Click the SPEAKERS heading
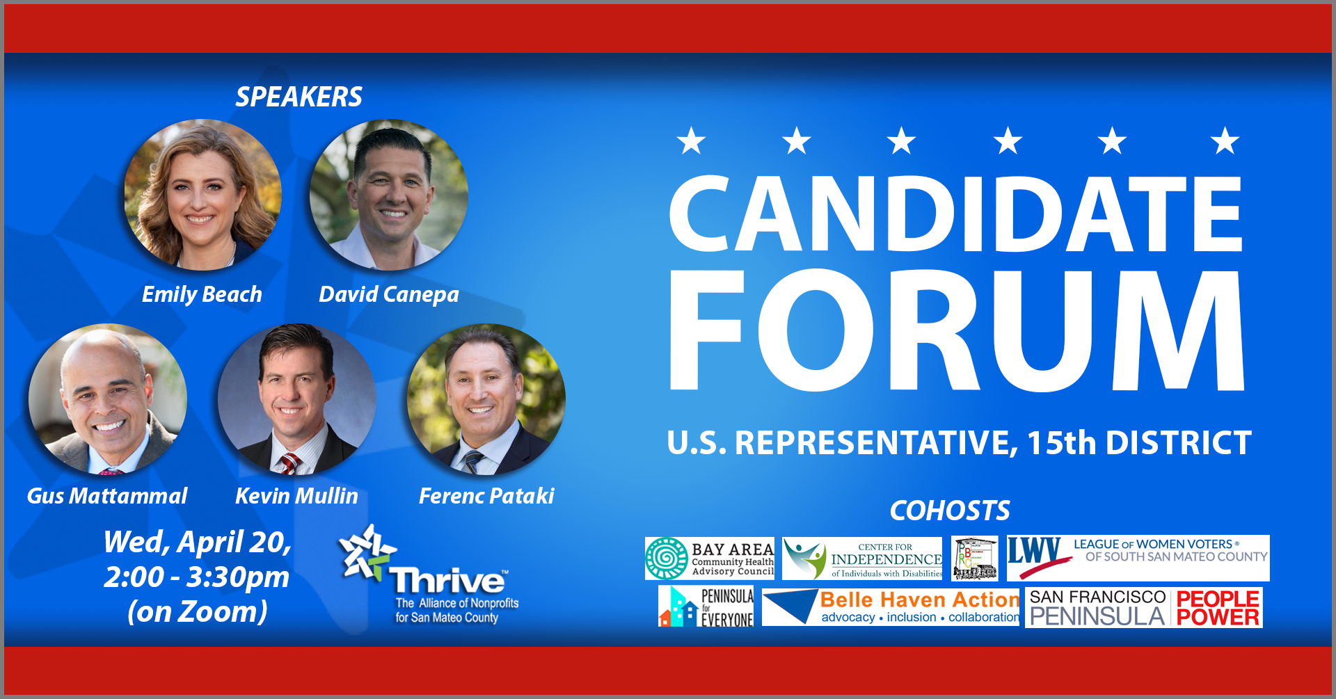(x=299, y=97)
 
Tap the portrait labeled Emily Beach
(x=202, y=195)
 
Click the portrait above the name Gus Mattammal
(x=108, y=399)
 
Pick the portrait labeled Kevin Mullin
(x=297, y=399)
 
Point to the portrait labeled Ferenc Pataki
(x=486, y=399)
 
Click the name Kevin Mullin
(x=296, y=496)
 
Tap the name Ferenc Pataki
(x=486, y=496)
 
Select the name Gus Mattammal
(x=107, y=496)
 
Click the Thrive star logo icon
(x=366, y=553)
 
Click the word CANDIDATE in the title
(x=955, y=214)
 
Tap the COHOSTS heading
(x=950, y=511)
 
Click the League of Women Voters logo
(x=1138, y=558)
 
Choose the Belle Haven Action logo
(x=891, y=607)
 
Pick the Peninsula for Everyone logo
(x=706, y=606)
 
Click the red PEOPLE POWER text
(x=1218, y=608)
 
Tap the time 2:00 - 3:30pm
(x=197, y=577)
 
